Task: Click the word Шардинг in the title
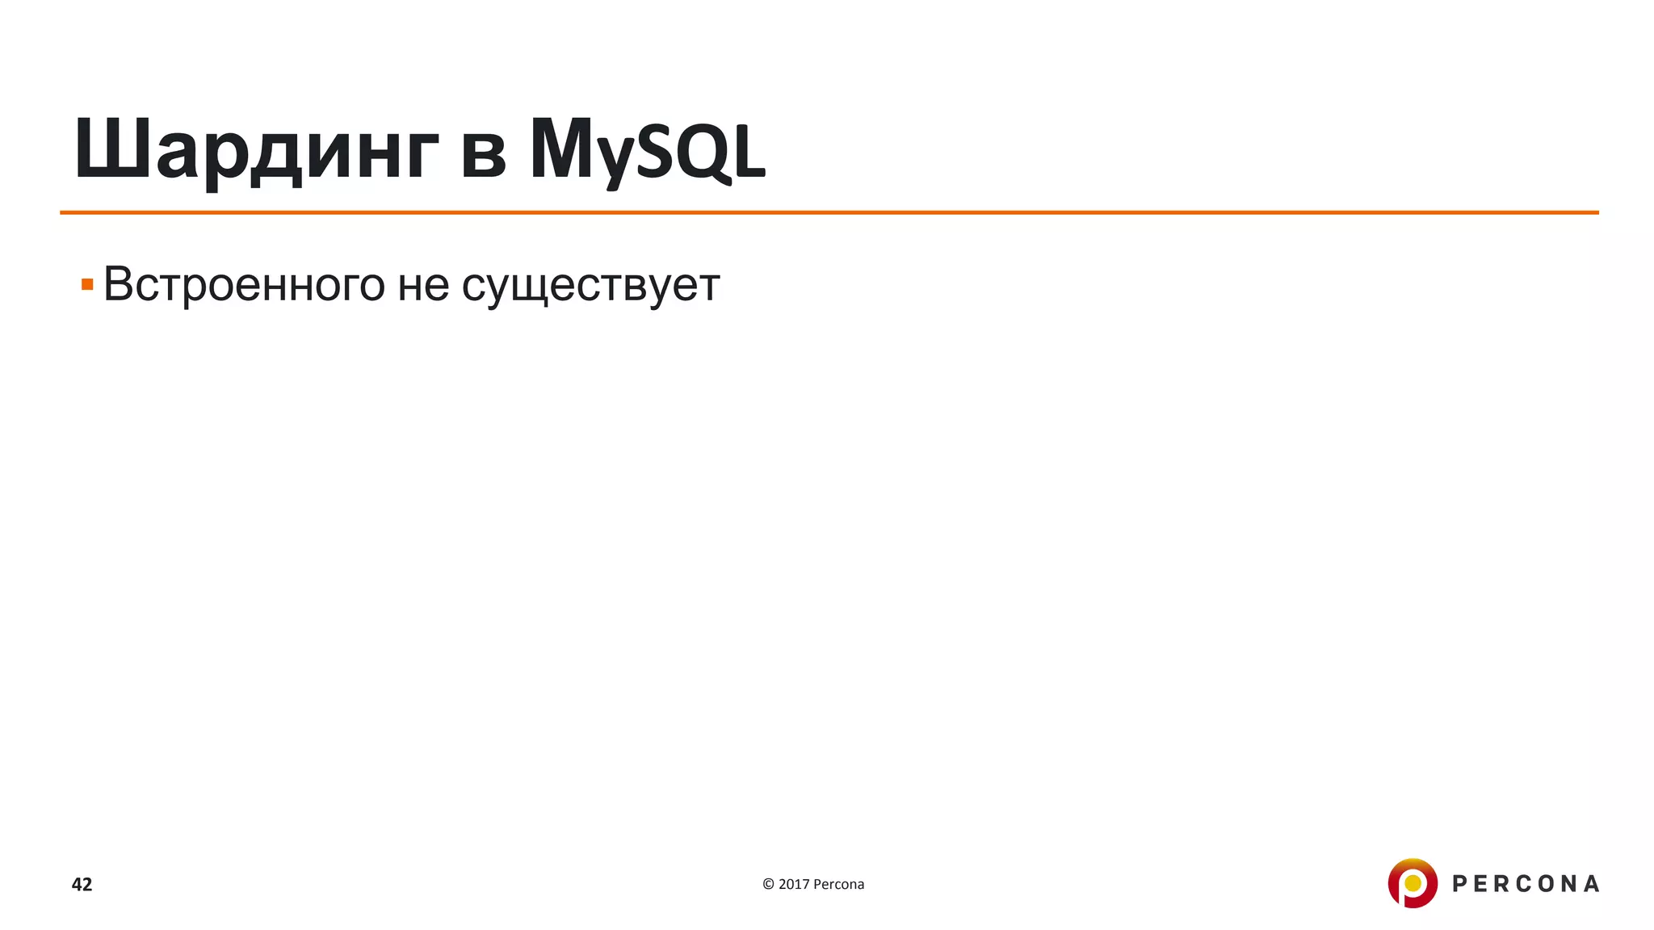coord(256,150)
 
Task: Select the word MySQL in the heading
coord(647,150)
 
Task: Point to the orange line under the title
coord(829,212)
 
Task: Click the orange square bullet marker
coord(87,284)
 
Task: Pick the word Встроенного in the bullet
coord(244,284)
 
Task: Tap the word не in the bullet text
coord(423,286)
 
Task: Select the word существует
coord(590,286)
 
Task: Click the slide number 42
coord(82,884)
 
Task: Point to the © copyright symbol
coord(768,884)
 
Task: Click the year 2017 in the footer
coord(794,884)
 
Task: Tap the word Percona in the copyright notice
coord(838,884)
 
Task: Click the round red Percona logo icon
coord(1412,883)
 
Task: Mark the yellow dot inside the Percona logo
coord(1413,883)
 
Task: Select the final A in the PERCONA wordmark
coord(1590,884)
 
